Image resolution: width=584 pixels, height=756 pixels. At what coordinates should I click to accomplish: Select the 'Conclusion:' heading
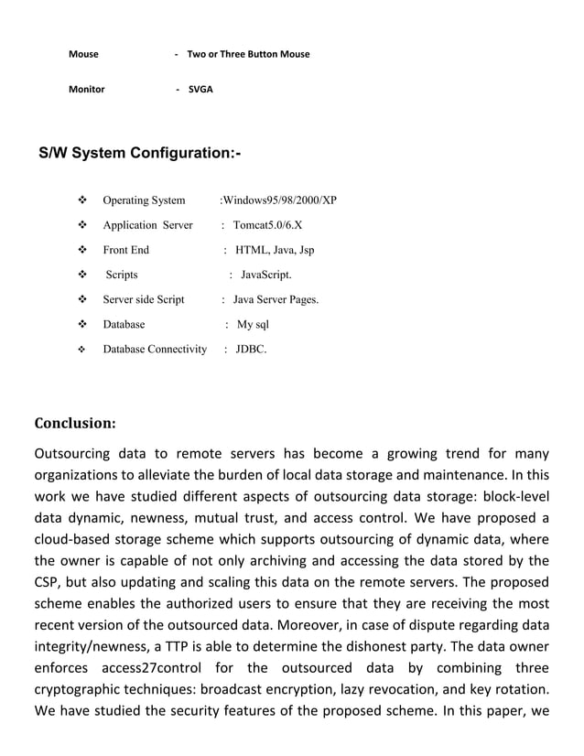(75, 423)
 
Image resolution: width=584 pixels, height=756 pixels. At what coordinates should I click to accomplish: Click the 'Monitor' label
(87, 90)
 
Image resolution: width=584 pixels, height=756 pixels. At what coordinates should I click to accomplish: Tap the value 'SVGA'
(200, 90)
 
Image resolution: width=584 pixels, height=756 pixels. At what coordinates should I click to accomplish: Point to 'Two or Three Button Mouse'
(248, 54)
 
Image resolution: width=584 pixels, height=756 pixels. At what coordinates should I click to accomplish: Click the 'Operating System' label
(144, 200)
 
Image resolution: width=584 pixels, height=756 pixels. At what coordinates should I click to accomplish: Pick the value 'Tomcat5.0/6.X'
(267, 225)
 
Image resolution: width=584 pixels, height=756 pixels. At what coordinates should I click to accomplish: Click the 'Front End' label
(125, 250)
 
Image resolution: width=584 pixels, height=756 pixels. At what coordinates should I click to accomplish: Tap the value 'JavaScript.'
(266, 275)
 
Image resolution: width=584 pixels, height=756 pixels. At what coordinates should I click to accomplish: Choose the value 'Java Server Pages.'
(276, 299)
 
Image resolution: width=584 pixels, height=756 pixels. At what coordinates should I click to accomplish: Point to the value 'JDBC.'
(252, 349)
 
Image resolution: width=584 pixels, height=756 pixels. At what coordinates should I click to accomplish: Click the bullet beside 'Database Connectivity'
(81, 349)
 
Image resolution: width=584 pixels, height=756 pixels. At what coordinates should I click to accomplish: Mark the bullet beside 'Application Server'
(81, 225)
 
